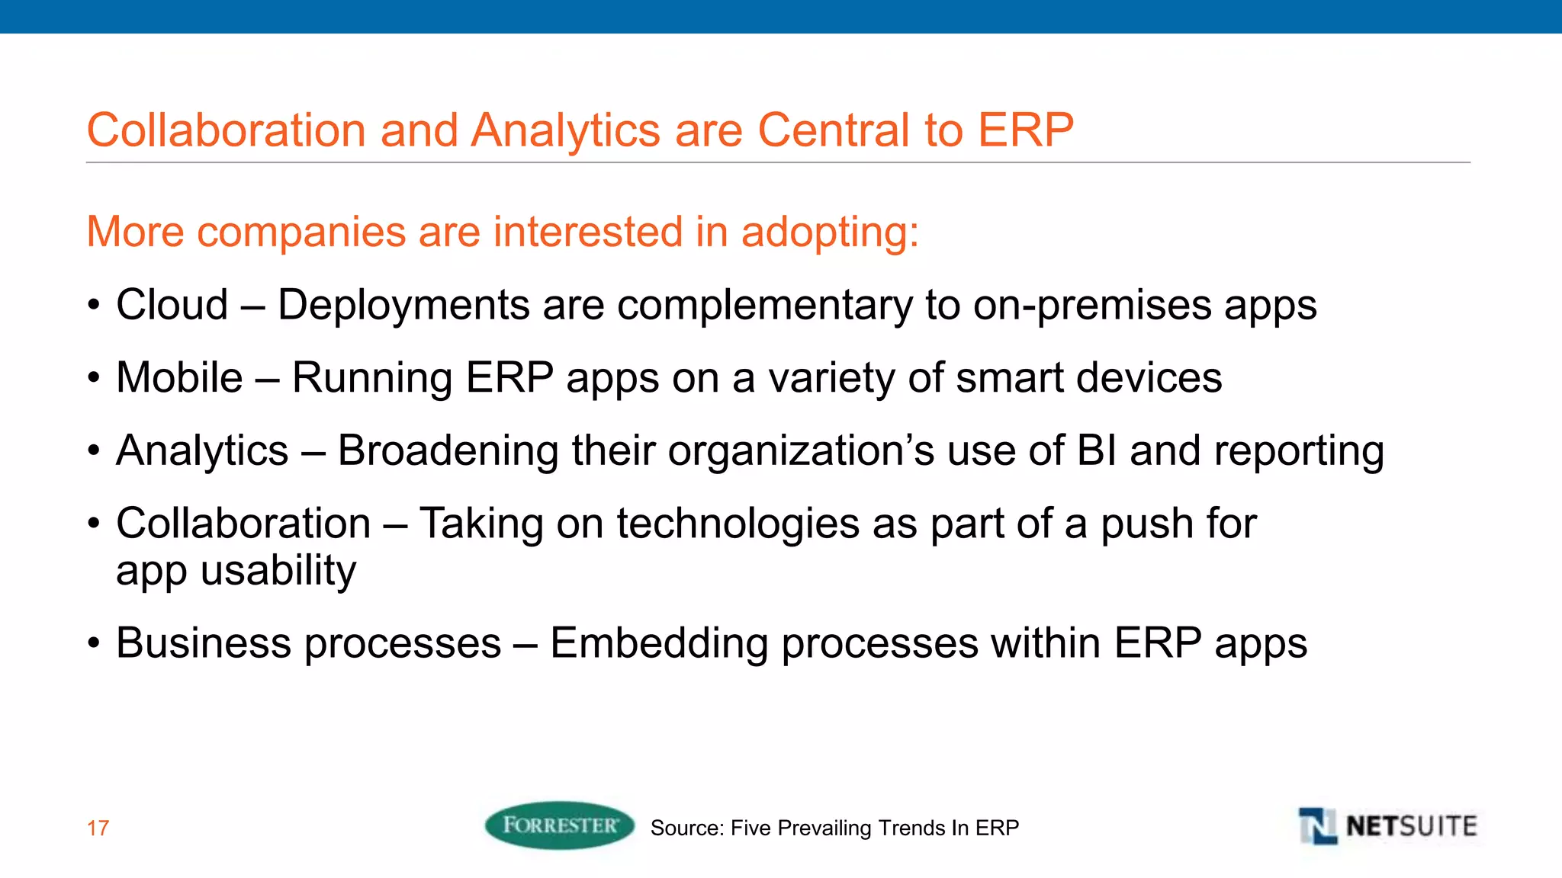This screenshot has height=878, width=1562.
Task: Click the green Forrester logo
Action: [x=559, y=825]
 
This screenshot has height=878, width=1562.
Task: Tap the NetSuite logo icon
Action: [x=1317, y=826]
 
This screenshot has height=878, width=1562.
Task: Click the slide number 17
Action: [x=98, y=828]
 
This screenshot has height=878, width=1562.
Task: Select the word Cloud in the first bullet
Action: [x=172, y=305]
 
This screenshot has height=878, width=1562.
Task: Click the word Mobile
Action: [x=179, y=378]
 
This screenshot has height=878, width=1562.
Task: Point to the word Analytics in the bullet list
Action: [x=202, y=450]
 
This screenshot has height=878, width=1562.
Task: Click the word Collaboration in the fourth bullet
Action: [x=243, y=524]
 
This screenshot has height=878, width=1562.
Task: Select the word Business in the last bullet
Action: [x=204, y=642]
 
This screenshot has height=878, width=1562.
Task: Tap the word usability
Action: [x=278, y=571]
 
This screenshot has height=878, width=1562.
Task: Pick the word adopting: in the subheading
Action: [x=830, y=232]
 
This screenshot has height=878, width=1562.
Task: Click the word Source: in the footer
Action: [x=686, y=828]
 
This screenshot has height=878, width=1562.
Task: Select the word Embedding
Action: [x=659, y=642]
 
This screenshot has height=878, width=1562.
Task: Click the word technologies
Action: [x=738, y=524]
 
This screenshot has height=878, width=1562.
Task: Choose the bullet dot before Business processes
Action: [x=93, y=642]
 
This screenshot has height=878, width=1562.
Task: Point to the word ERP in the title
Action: [x=1026, y=130]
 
